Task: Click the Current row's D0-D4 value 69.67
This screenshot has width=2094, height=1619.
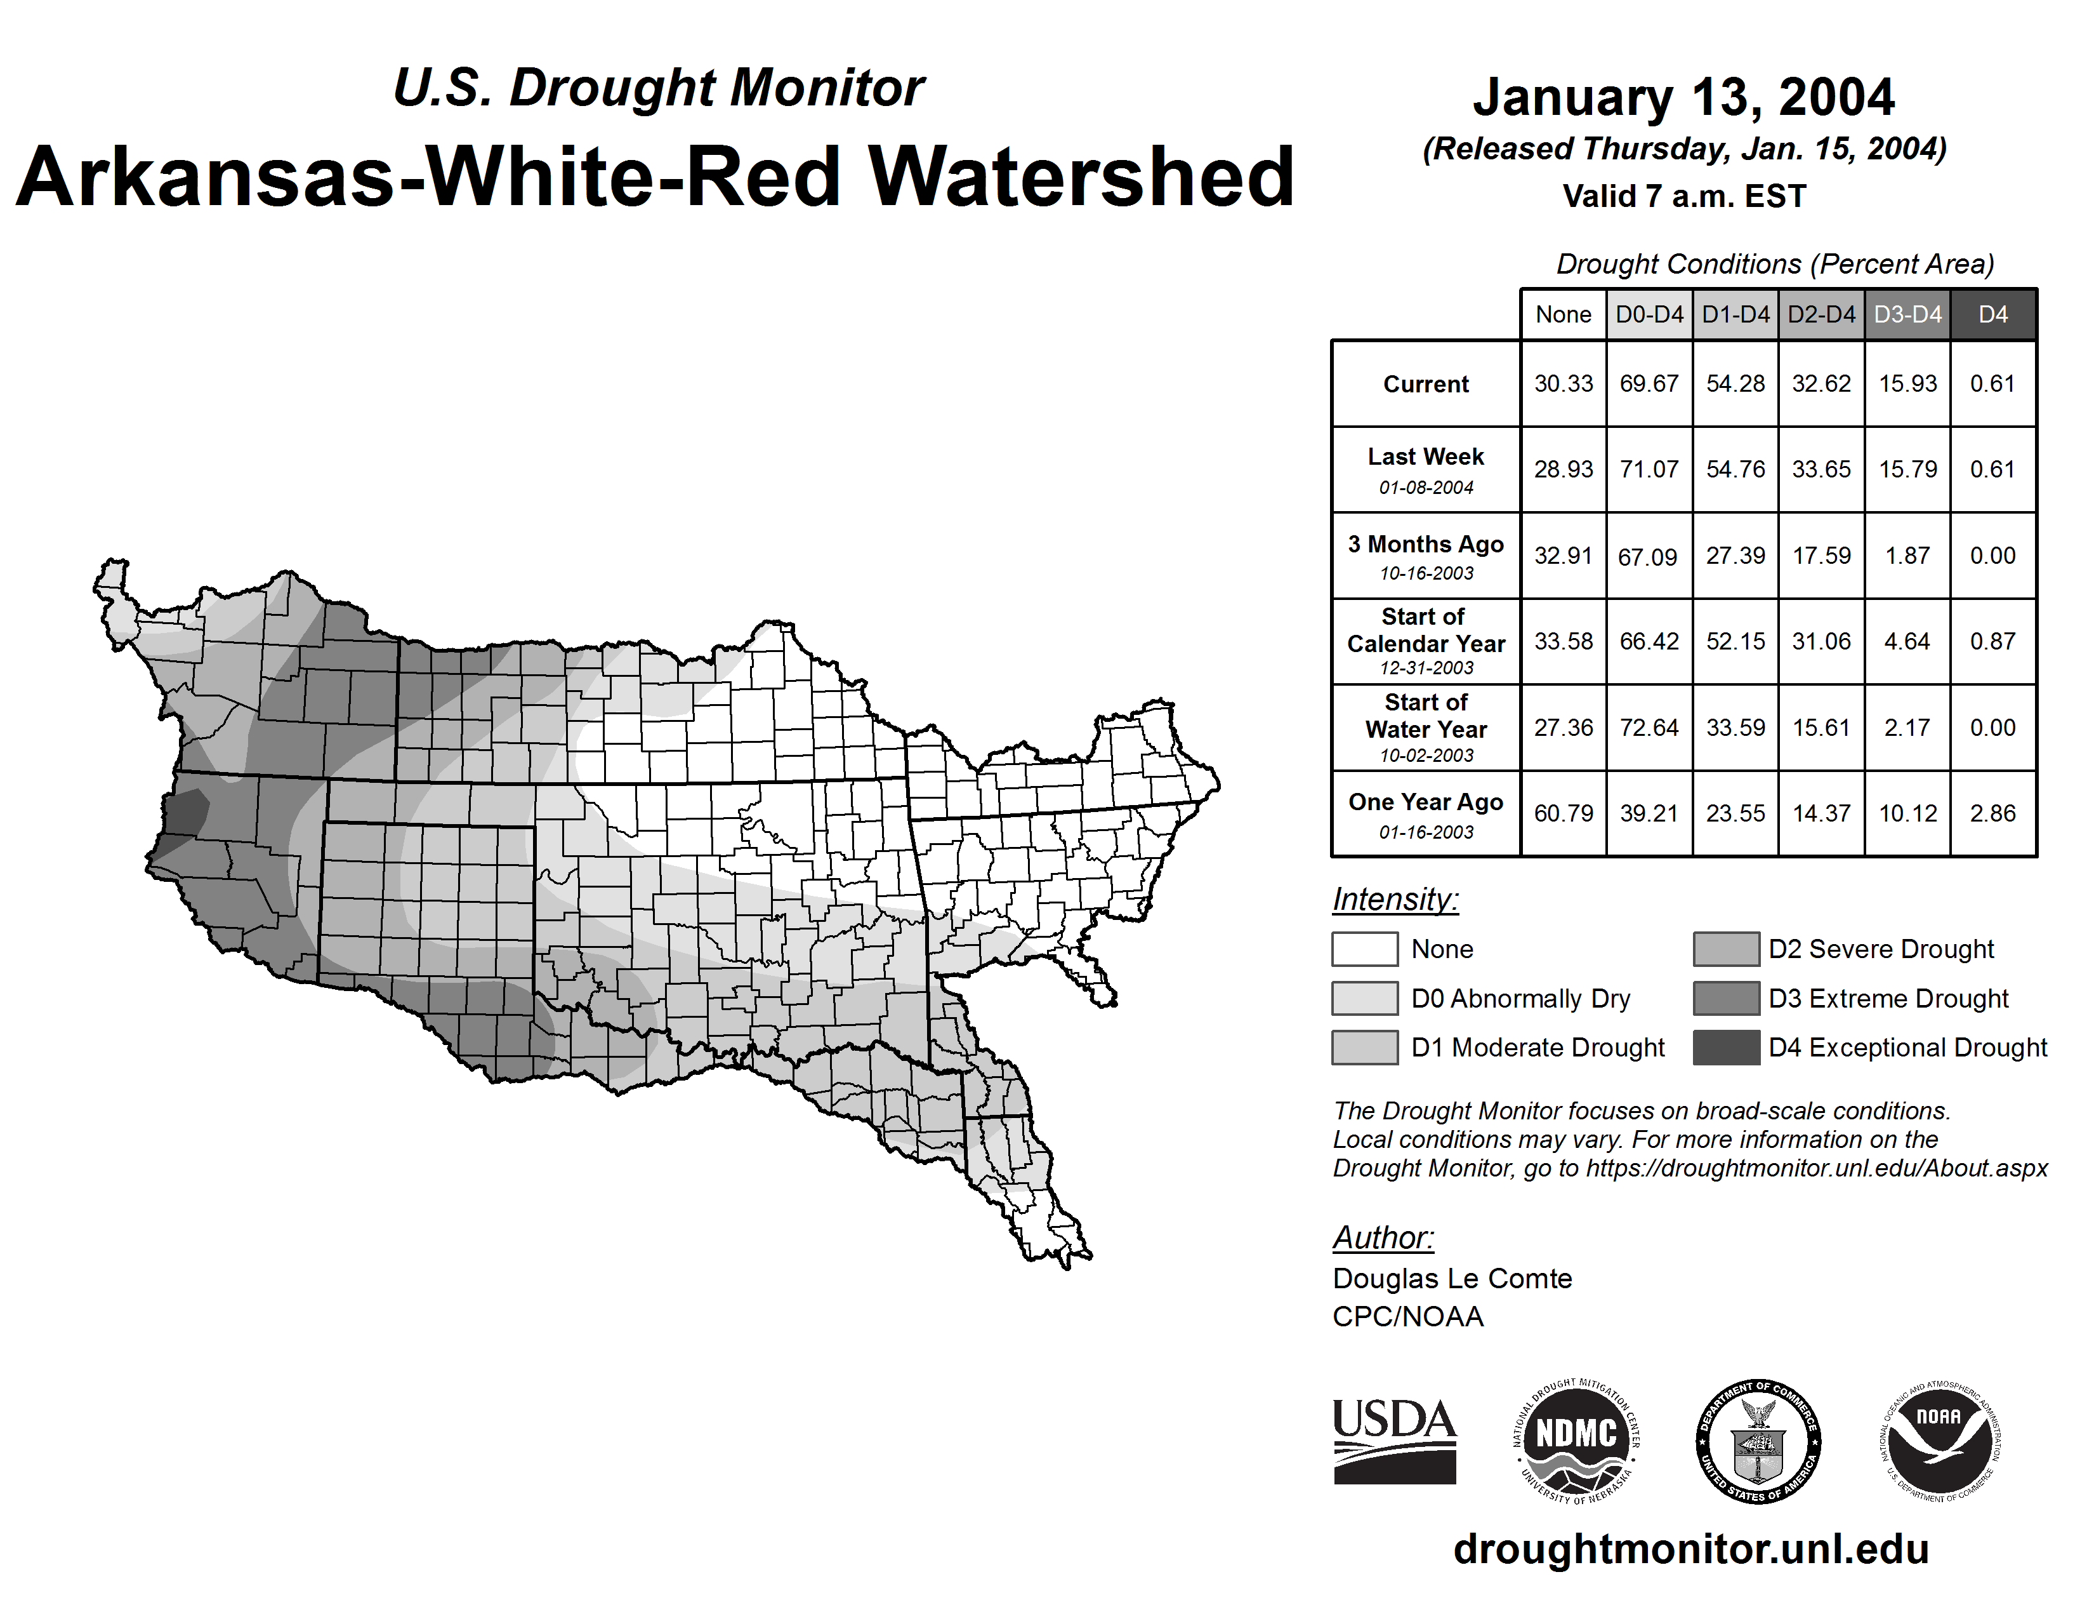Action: coord(1649,383)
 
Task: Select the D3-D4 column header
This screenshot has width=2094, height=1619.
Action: coord(1908,314)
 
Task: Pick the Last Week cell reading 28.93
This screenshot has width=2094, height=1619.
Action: coord(1563,469)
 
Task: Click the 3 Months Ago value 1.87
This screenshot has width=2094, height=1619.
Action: coord(1907,556)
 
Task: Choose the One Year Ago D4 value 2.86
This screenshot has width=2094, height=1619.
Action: coord(1992,813)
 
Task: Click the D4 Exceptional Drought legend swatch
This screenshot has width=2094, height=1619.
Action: coord(1726,1048)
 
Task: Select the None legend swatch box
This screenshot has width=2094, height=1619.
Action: coord(1364,949)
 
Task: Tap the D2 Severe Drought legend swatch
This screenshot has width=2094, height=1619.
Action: coord(1726,949)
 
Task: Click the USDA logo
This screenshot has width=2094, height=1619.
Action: coord(1394,1441)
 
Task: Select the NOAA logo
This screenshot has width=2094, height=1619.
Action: coord(1939,1441)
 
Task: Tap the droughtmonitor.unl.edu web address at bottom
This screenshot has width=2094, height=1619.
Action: coord(1691,1550)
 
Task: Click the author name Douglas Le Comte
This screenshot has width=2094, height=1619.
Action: coord(1452,1279)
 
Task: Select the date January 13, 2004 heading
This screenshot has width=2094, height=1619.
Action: coord(1683,97)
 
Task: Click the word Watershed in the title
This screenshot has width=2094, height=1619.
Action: coord(1081,177)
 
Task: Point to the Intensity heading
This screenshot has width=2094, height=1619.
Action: coord(1395,900)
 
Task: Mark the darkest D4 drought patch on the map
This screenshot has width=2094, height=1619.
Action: coord(188,811)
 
